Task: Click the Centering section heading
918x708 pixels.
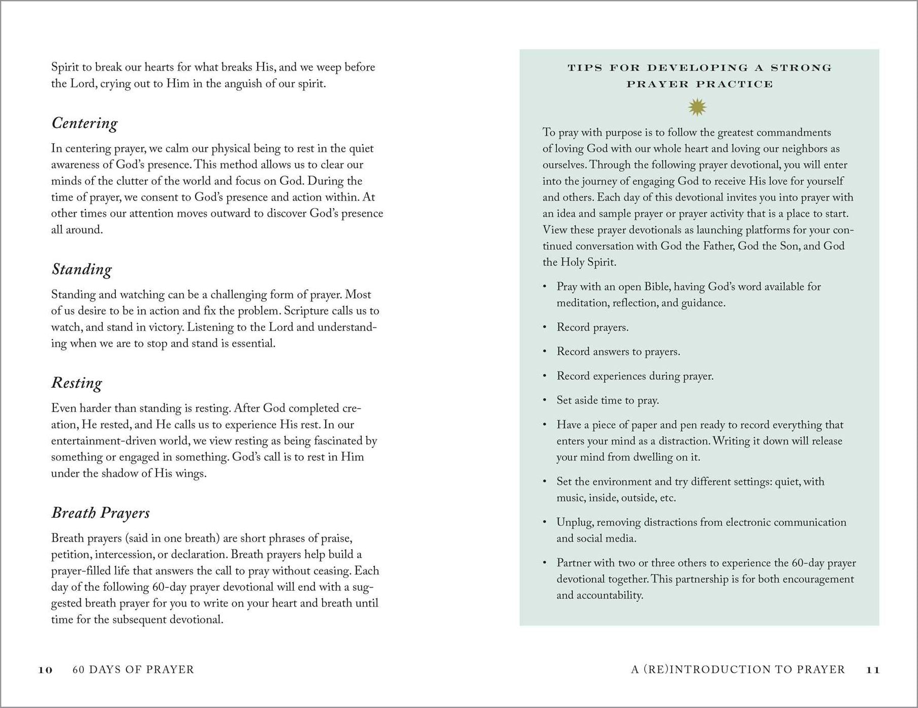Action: pos(84,123)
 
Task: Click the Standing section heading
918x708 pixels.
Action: pos(81,269)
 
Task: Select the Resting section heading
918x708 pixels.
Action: pos(77,383)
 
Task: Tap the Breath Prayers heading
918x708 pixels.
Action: pos(101,513)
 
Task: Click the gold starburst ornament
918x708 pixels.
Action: pos(697,107)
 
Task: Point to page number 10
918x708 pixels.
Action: pos(46,670)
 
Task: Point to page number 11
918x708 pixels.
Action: pos(872,670)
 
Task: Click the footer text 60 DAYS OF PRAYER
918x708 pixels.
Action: pos(133,670)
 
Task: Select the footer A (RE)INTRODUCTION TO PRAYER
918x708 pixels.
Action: pos(738,670)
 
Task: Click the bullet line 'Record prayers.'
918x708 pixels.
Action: pos(592,327)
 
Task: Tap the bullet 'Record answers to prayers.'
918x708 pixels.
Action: pos(618,352)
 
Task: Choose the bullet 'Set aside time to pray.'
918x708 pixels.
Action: pos(608,400)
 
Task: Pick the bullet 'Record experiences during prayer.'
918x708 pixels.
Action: pos(635,376)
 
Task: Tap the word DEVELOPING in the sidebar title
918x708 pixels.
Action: pos(698,68)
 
